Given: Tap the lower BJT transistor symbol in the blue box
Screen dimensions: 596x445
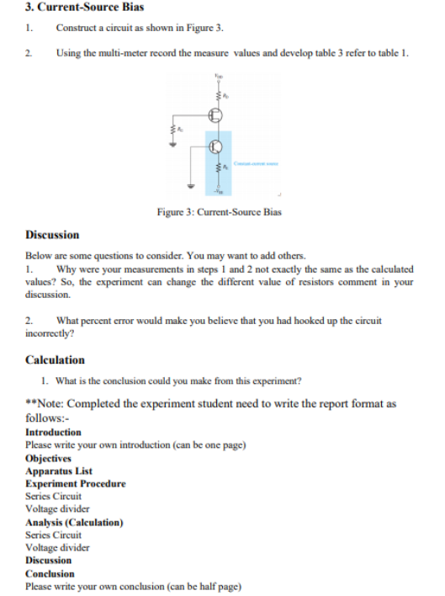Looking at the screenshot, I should (216, 146).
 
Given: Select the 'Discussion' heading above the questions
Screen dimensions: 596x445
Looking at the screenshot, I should (52, 235).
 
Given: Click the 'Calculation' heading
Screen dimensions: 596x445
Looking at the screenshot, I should (55, 359).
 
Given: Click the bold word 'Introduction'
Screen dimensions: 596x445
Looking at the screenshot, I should (54, 432).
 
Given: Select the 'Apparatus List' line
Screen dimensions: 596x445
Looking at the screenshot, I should (59, 471).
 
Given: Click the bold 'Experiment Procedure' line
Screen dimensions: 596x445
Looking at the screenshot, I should (76, 483).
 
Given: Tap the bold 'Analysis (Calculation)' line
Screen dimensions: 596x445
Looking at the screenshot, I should (74, 522).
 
